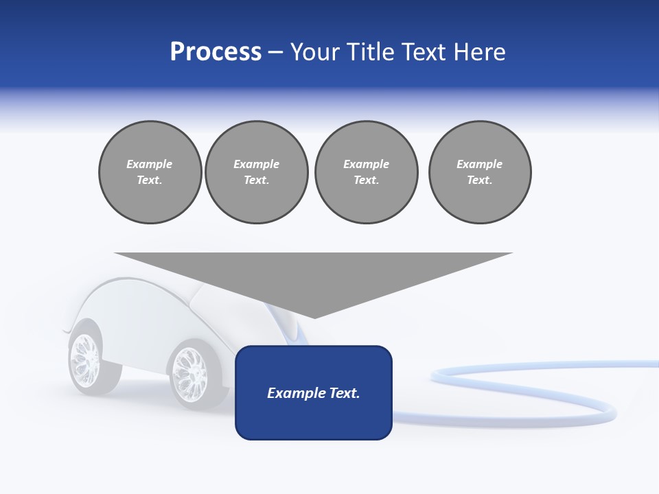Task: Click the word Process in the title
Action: pos(216,52)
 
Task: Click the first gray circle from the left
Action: pos(150,172)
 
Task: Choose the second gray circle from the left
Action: pos(257,172)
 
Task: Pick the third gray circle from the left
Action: pos(366,172)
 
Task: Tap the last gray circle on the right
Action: pos(480,172)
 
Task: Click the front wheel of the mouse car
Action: pos(188,375)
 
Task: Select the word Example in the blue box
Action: pos(290,393)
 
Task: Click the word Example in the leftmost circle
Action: pos(150,164)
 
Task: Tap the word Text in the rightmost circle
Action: pos(480,180)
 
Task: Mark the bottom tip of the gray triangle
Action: pos(314,316)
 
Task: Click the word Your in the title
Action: pos(314,52)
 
